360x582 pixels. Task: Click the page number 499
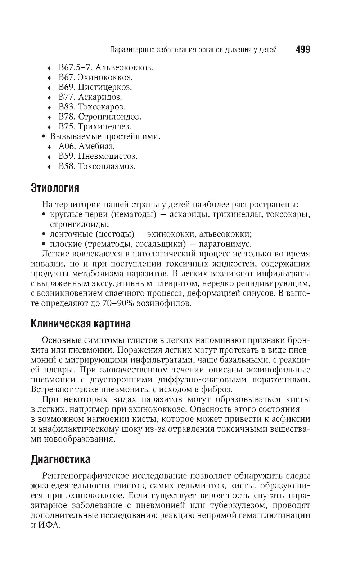pyautogui.click(x=302, y=49)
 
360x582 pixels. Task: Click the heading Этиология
pyautogui.click(x=55, y=188)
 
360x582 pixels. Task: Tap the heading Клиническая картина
pyautogui.click(x=81, y=323)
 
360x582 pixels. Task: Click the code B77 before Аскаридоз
pyautogui.click(x=66, y=97)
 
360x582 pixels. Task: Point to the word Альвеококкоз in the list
pyautogui.click(x=116, y=67)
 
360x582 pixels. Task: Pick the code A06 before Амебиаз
pyautogui.click(x=66, y=146)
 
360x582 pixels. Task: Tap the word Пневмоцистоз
pyautogui.click(x=108, y=156)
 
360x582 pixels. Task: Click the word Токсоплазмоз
pyautogui.click(x=107, y=166)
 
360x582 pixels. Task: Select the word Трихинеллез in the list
pyautogui.click(x=105, y=126)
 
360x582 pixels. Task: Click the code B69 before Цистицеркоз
pyautogui.click(x=66, y=87)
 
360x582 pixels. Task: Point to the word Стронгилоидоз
pyautogui.click(x=109, y=117)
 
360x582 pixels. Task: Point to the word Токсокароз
pyautogui.click(x=102, y=107)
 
